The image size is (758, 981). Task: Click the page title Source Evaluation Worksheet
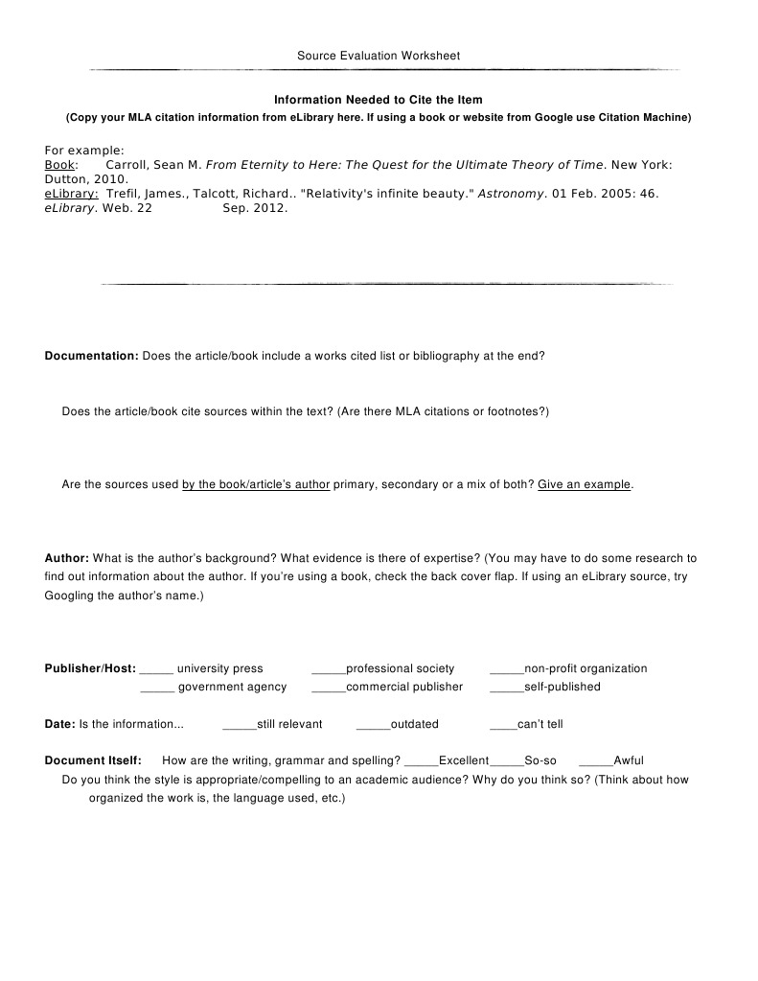pos(379,56)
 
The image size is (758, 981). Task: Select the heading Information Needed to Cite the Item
pos(379,100)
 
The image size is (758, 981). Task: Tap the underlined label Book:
pos(61,165)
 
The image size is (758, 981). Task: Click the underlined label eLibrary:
pos(72,194)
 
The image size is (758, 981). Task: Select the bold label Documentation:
pos(92,356)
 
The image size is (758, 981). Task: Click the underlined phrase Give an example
pos(584,485)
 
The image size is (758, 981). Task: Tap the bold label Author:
pos(67,558)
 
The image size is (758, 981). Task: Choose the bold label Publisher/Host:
pos(90,668)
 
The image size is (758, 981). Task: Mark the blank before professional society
pos(328,669)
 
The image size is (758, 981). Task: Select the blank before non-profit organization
pos(506,669)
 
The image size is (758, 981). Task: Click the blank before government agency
pos(156,688)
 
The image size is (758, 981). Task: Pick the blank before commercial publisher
pos(328,688)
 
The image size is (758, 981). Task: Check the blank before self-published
pos(506,688)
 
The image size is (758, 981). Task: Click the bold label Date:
pos(59,724)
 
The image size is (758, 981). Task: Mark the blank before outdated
pos(372,725)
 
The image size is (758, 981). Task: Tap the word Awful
pos(629,760)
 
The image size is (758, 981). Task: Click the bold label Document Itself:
pos(93,760)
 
